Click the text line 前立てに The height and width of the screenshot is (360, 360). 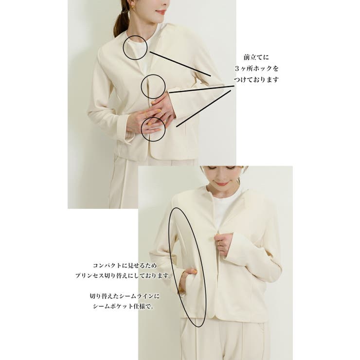[256, 57]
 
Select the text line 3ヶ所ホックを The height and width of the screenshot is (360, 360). [256, 69]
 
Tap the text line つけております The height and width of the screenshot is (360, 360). [256, 80]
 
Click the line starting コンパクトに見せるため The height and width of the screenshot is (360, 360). [125, 266]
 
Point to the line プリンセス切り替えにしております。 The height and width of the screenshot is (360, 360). [124, 275]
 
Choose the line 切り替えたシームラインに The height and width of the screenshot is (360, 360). [125, 296]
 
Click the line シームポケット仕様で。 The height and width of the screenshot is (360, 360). [123, 306]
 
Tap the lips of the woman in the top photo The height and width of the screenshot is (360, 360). [161, 12]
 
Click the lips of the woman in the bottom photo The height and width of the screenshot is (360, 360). [221, 184]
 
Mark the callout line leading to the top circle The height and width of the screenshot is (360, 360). [180, 64]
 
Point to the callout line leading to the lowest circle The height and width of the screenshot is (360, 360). [203, 108]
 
